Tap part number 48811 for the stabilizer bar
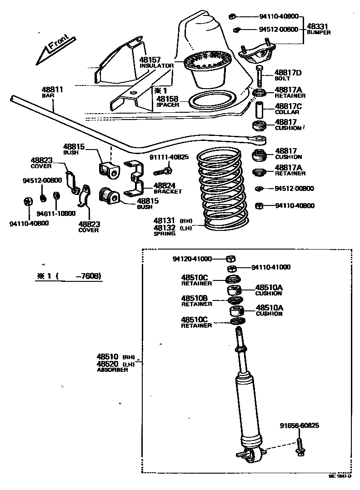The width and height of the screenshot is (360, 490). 52,90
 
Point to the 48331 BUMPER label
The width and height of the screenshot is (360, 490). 318,29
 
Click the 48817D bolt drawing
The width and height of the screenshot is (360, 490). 259,76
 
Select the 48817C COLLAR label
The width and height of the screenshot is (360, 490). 287,109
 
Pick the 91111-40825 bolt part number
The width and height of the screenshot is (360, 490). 168,157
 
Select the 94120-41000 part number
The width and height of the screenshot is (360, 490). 192,259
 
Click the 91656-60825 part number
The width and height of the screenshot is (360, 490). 299,426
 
